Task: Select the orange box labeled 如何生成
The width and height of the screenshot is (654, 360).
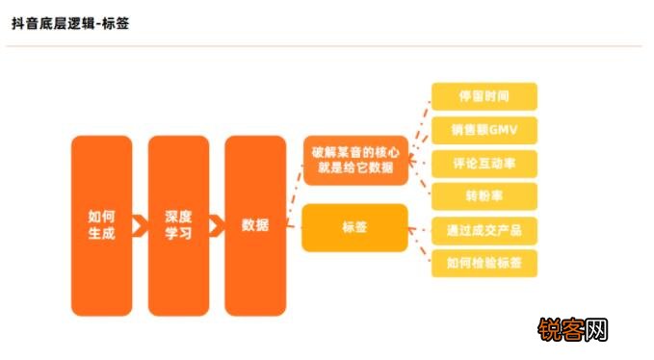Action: point(101,225)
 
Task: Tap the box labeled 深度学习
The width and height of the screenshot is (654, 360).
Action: point(178,225)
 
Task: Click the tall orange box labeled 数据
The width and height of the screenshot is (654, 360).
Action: point(255,225)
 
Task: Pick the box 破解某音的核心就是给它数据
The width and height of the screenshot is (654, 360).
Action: point(354,160)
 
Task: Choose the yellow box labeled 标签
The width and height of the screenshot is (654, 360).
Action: point(354,228)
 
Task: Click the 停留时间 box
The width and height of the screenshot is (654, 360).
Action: point(484,97)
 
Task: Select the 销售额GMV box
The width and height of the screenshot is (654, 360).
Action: point(484,130)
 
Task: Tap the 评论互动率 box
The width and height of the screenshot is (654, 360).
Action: point(484,163)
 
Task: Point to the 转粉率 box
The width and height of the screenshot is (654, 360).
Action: point(484,195)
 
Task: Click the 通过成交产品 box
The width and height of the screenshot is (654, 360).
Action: point(484,231)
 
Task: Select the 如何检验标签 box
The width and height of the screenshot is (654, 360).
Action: point(484,263)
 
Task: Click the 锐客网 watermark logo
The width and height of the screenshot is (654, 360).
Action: point(574,331)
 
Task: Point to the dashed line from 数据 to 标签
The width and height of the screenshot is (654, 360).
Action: point(293,227)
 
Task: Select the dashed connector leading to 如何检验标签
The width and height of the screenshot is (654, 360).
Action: point(420,250)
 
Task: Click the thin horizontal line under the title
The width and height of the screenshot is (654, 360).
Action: point(327,45)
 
